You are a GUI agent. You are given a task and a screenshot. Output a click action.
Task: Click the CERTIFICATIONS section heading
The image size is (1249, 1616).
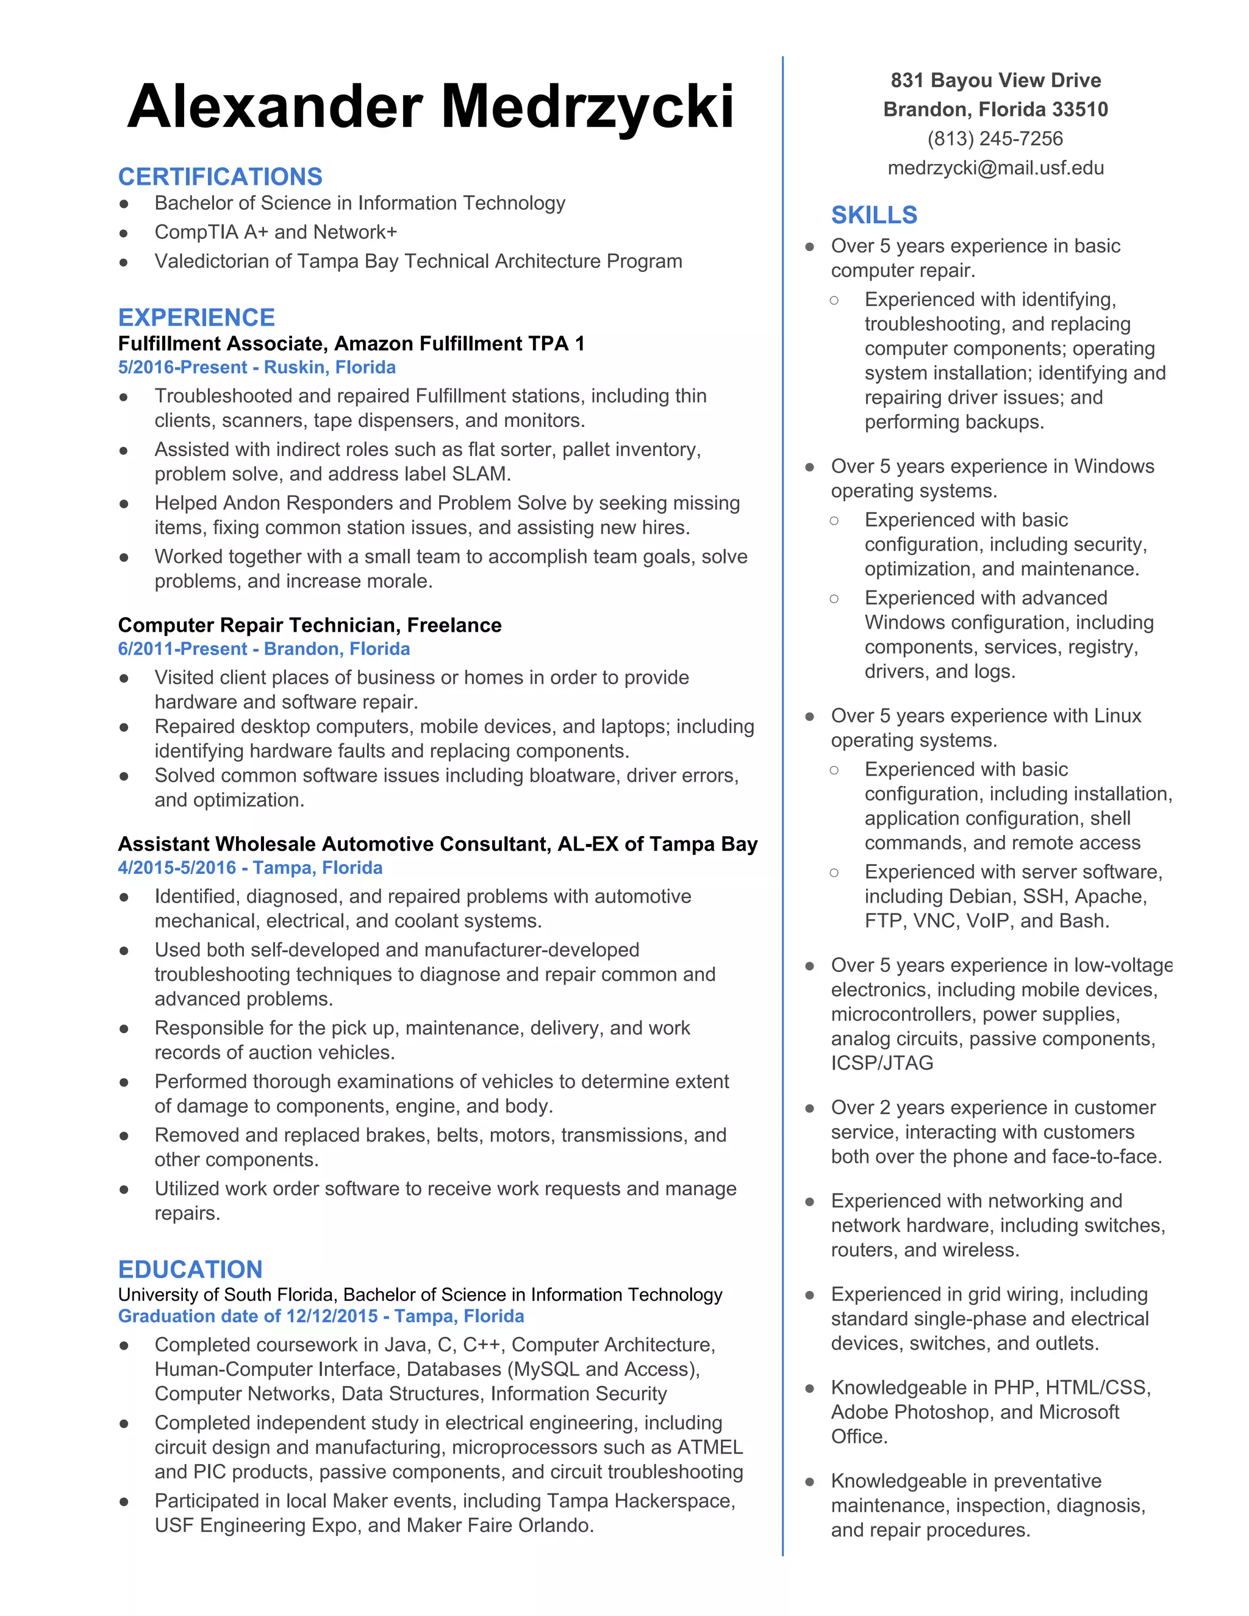point(220,177)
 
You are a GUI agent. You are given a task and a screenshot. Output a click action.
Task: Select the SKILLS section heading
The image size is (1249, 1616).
point(874,215)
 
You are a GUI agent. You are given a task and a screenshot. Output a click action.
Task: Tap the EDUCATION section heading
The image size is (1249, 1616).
point(190,1269)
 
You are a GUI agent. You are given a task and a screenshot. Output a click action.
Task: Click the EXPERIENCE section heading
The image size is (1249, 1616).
point(196,318)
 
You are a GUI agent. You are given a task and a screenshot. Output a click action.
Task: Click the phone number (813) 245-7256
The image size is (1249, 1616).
point(995,138)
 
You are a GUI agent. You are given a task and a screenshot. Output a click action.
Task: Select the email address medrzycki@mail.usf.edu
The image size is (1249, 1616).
point(995,168)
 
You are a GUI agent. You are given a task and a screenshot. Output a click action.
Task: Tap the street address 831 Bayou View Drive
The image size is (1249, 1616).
point(995,80)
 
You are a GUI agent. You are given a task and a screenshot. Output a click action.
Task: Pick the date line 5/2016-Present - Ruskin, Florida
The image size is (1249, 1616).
point(257,367)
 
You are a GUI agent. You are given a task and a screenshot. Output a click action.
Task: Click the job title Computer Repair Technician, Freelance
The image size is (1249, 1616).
point(309,625)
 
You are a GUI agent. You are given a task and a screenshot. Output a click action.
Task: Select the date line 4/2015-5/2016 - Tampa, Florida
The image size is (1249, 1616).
point(250,867)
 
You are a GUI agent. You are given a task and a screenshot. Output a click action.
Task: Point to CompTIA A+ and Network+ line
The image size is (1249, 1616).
point(275,232)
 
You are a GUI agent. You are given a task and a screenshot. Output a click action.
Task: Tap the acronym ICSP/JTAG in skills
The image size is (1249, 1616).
point(882,1064)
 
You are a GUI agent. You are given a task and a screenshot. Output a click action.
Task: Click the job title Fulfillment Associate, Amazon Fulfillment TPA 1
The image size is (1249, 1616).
point(351,343)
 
